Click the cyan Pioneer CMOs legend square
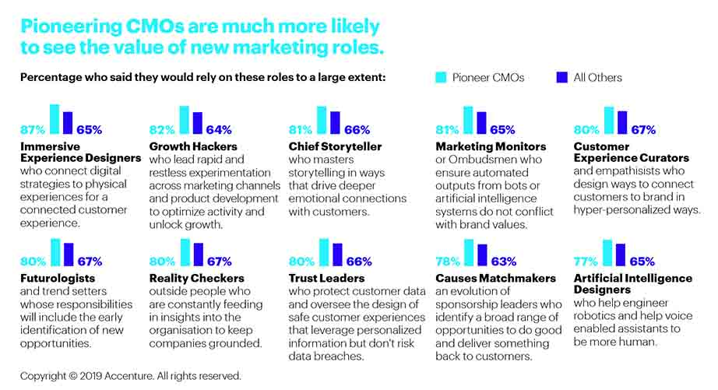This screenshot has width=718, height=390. coord(441,77)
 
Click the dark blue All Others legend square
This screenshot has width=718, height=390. coord(562,77)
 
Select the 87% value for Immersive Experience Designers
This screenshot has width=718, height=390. coord(33,130)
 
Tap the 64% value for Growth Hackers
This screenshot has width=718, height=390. coord(218,130)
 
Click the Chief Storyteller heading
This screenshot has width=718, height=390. coord(336,146)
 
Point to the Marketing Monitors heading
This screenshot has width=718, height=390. coord(491,146)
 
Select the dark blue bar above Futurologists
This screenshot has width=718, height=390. coord(69,255)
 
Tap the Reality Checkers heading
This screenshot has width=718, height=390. coord(196,278)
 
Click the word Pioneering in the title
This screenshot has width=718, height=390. coord(75,26)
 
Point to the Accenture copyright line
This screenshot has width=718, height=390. coord(131,375)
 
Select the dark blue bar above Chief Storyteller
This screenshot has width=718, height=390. coord(336,123)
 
